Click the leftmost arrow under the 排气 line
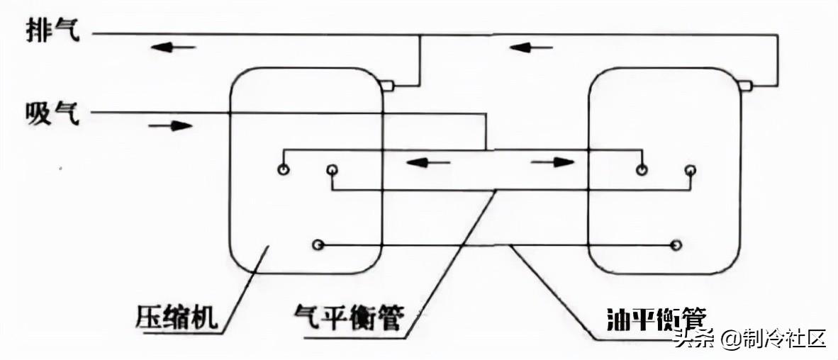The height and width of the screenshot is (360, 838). point(173,47)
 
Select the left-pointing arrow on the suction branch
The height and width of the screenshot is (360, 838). point(429,162)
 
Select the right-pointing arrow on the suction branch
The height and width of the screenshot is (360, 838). point(552,162)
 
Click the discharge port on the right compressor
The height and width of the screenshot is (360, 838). point(745,86)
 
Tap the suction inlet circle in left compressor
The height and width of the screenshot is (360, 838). point(284,169)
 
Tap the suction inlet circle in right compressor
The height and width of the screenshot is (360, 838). point(641,169)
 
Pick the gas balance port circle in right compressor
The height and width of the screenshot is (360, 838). point(690,170)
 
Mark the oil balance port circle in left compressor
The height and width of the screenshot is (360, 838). point(318,244)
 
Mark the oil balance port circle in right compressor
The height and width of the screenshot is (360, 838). point(676,244)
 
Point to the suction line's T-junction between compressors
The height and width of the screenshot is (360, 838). point(486,150)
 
